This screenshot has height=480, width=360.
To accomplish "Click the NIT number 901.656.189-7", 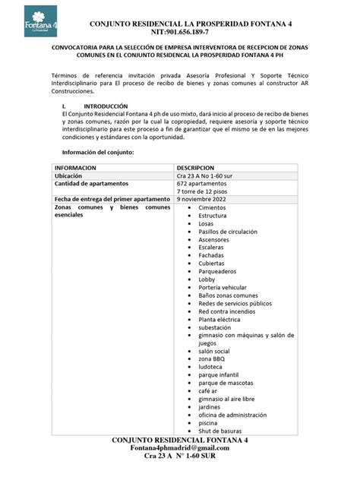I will [x=180, y=33].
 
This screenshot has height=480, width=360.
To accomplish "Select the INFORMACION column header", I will [x=75, y=167].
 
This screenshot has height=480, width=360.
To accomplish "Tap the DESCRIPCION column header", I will [x=201, y=167].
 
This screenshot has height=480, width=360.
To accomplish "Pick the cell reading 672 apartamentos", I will [x=201, y=184].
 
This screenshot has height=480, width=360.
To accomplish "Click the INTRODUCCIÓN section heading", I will [x=105, y=106].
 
